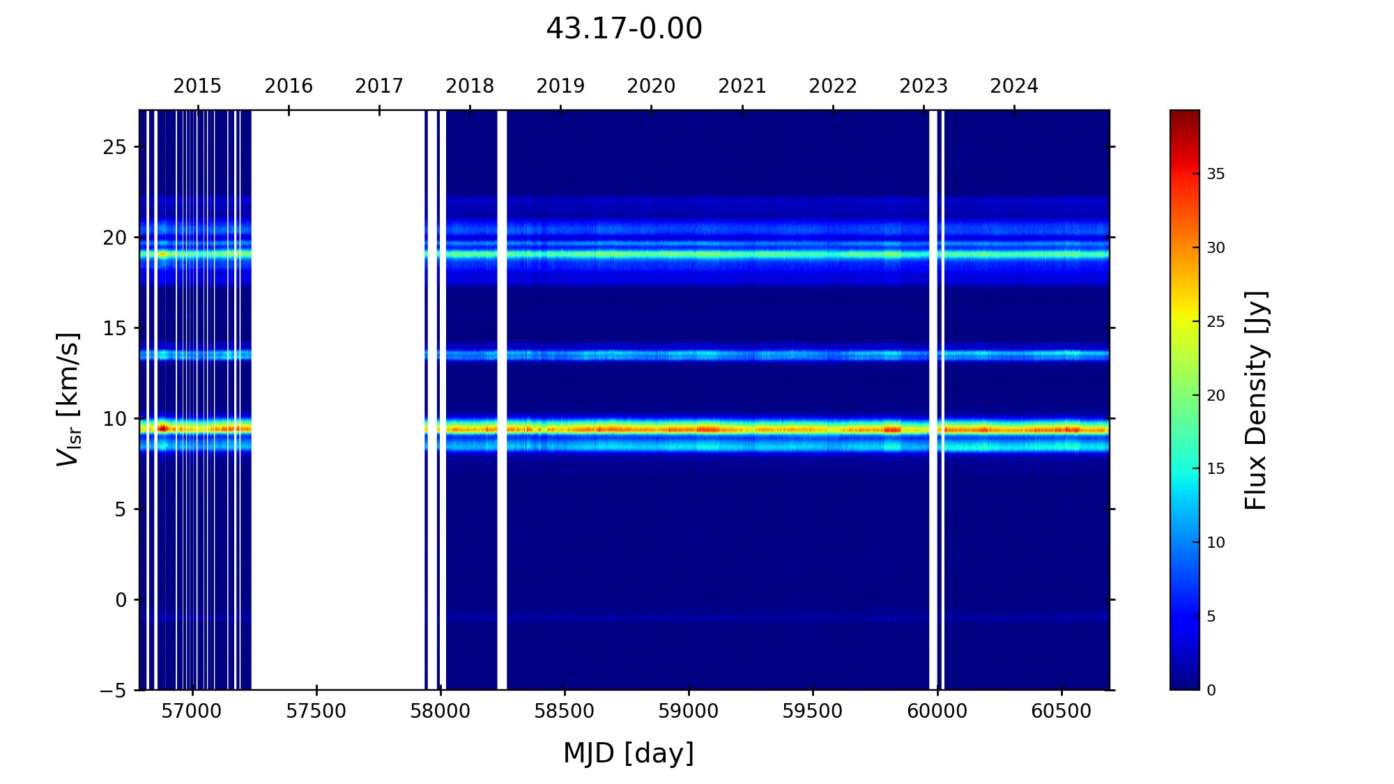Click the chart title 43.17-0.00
(624, 29)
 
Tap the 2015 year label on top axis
(197, 86)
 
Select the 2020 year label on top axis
(651, 86)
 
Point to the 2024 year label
(1014, 86)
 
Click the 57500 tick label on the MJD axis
(316, 712)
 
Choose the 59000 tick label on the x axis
(689, 712)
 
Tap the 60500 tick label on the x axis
(1061, 712)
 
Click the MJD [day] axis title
(629, 754)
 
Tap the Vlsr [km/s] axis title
(68, 399)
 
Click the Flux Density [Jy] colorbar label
(1256, 400)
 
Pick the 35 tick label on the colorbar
(1216, 174)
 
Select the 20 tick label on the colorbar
(1216, 396)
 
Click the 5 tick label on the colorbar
(1211, 617)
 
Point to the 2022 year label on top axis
(833, 86)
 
